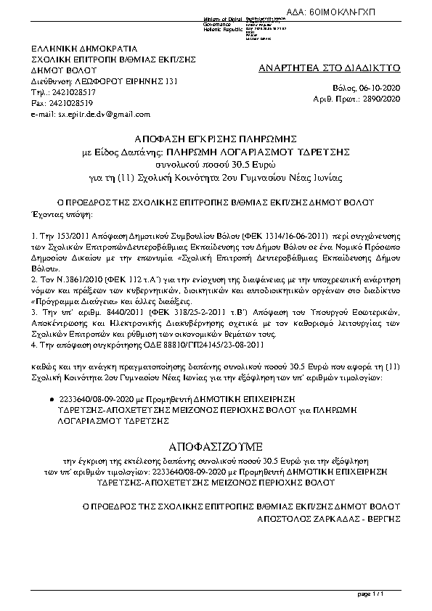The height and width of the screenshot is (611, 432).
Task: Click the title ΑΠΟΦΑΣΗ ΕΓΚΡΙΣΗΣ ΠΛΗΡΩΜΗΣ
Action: pos(216,138)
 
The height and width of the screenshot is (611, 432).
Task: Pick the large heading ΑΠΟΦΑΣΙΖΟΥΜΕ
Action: pos(216,444)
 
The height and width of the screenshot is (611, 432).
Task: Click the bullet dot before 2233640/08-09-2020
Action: pos(50,400)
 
